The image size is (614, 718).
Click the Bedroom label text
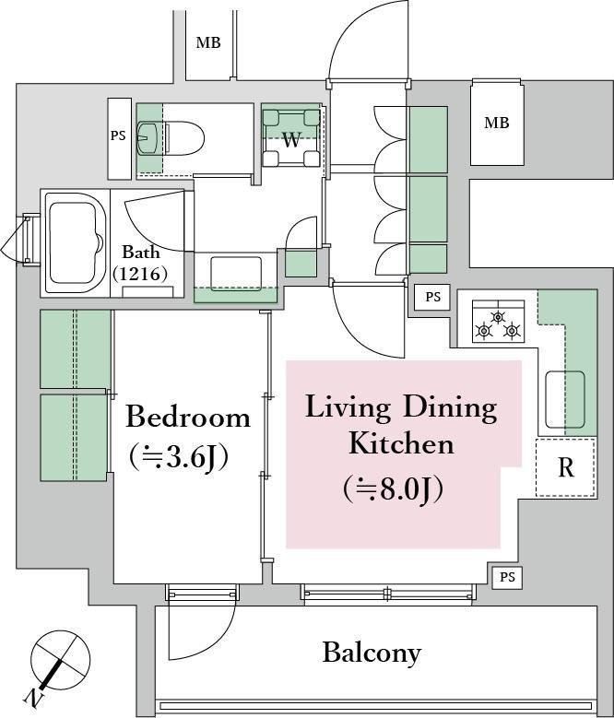188,417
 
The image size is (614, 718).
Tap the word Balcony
372,653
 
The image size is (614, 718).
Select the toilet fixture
184,138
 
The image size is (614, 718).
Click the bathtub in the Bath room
76,243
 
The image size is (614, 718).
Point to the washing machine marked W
291,137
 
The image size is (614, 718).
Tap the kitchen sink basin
565,400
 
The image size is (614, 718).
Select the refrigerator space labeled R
566,467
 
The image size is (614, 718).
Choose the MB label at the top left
208,42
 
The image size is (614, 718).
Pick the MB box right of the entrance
497,123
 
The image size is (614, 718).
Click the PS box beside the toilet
119,138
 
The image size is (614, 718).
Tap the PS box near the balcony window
507,577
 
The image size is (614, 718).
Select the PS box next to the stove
432,297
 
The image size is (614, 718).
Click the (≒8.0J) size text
393,488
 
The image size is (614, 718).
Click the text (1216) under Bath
139,274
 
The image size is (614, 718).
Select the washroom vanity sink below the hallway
236,274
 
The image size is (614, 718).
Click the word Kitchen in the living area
401,443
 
